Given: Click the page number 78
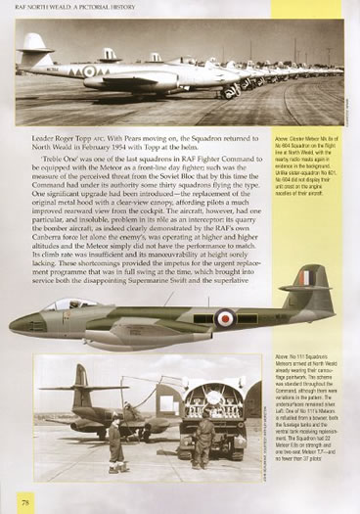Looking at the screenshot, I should [x=20, y=501].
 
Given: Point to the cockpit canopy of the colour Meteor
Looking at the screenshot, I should [x=63, y=306].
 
